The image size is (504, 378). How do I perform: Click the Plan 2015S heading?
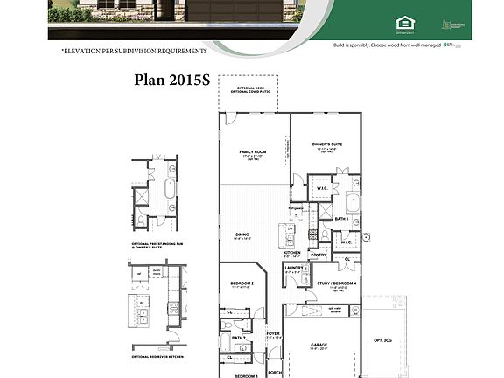click(171, 80)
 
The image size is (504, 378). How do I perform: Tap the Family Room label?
click(253, 152)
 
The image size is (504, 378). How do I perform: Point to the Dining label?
click(243, 234)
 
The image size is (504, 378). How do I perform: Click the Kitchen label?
click(291, 253)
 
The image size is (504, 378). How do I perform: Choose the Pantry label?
click(318, 255)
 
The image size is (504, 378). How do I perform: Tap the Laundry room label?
click(292, 268)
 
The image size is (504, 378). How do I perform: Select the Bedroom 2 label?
click(241, 283)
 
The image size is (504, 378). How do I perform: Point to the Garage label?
click(318, 345)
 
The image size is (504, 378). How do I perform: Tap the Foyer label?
click(272, 333)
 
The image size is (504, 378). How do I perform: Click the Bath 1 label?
click(342, 219)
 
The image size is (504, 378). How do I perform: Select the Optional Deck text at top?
click(248, 87)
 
